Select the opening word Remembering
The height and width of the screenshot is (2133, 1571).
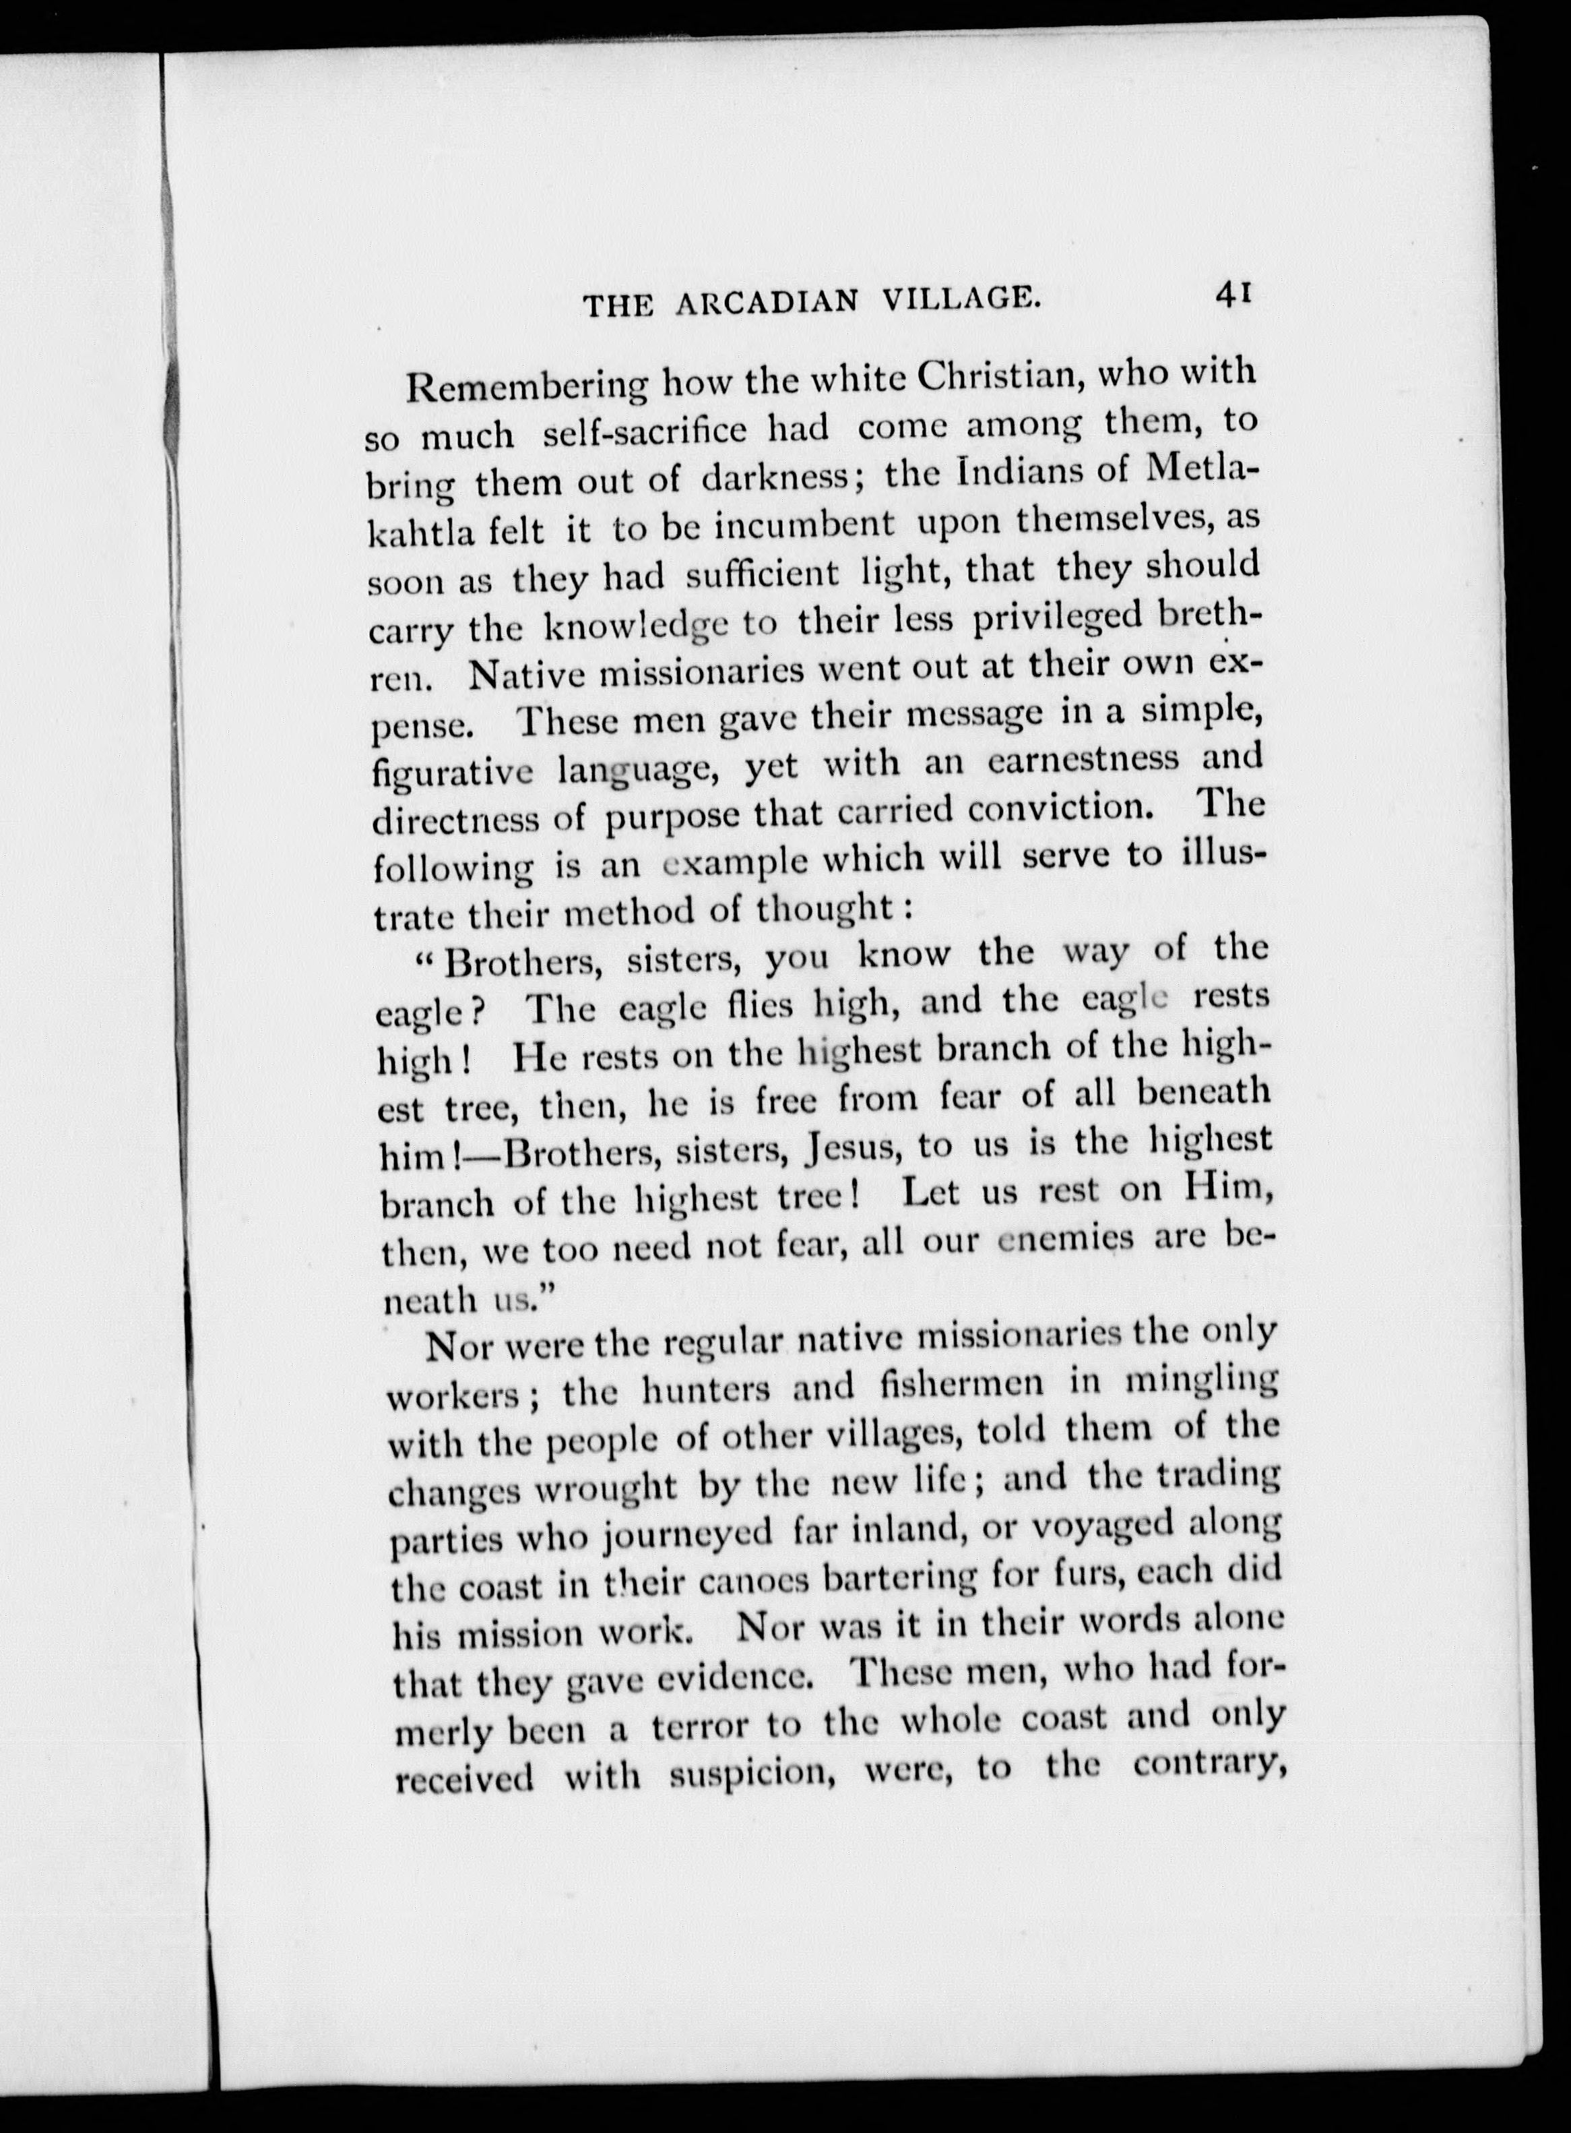click(x=526, y=387)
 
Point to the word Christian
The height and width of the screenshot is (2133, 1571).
click(x=1000, y=374)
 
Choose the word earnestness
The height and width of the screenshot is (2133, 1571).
click(x=1083, y=761)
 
